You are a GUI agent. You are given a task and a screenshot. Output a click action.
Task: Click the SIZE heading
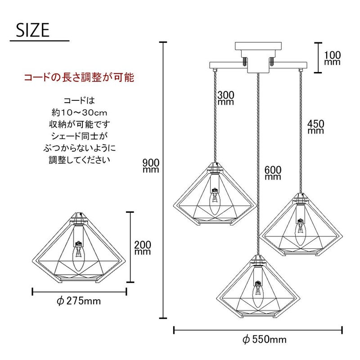tap(32, 30)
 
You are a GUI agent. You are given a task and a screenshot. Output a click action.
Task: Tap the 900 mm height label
tap(151, 166)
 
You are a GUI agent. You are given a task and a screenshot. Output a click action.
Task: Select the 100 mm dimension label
tap(332, 58)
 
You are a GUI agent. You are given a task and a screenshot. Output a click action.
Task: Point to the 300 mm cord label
tap(226, 98)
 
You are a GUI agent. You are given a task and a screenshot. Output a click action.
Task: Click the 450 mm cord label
tap(316, 127)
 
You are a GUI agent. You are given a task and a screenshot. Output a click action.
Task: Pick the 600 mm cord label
tap(273, 173)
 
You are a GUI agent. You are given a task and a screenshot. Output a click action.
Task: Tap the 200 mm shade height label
tap(143, 248)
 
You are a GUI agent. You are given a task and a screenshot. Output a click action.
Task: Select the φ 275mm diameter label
tap(79, 301)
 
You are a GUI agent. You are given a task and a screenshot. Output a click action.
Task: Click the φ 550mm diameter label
tap(265, 340)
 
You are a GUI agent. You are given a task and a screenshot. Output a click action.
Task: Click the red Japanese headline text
tap(79, 77)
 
